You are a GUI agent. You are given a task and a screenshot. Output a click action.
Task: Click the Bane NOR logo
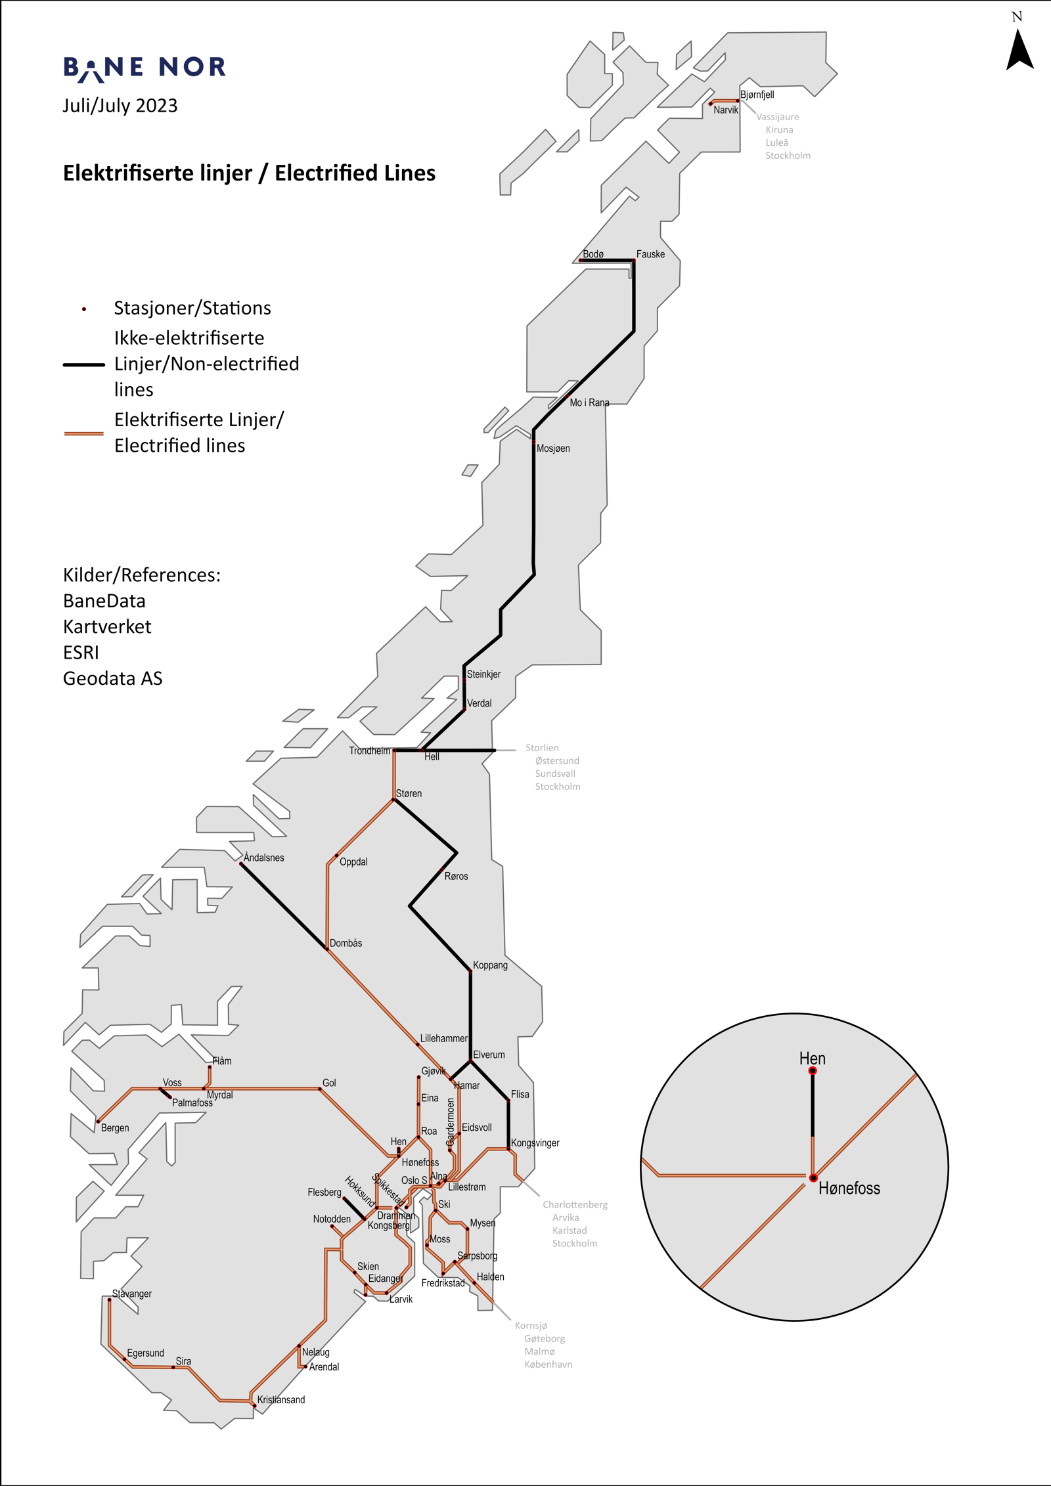point(145,68)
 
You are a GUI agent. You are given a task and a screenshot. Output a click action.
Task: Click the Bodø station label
point(593,254)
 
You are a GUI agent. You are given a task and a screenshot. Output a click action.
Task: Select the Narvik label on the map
point(726,110)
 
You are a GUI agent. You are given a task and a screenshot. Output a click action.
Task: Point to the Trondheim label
point(369,751)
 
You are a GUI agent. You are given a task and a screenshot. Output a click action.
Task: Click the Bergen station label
point(115,1128)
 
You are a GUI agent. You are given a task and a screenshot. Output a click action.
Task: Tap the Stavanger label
point(132,1294)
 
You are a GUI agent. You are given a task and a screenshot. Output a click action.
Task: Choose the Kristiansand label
point(281,1399)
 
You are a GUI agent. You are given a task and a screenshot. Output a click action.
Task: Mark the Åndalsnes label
point(263,858)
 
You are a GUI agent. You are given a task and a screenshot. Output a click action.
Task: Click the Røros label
point(456,876)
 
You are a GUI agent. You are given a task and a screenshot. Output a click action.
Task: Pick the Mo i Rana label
point(589,403)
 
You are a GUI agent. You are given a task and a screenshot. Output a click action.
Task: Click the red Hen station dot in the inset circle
point(813,1071)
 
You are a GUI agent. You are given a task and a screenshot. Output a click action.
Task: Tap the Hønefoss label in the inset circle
point(849,1188)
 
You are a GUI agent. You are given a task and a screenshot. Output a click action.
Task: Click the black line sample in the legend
point(83,364)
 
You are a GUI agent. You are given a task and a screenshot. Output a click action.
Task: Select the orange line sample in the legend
point(83,433)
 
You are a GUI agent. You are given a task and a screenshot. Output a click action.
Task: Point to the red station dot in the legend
point(84,309)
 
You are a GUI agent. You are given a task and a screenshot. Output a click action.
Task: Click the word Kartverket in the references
point(107,626)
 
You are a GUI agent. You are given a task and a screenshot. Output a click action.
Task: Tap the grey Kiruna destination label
point(779,130)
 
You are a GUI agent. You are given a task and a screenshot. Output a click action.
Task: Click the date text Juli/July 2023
point(120,106)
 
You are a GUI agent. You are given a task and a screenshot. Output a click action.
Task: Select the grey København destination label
point(548,1364)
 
